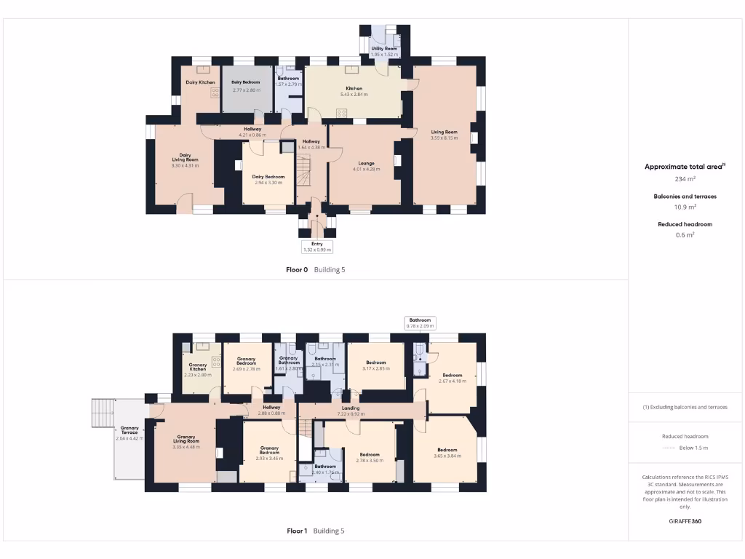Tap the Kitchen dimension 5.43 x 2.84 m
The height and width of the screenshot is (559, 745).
click(x=354, y=95)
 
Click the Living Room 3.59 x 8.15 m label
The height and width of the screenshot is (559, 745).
click(x=444, y=135)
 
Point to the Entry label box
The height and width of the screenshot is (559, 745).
click(x=316, y=247)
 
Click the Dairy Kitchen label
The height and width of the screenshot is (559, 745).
click(x=200, y=82)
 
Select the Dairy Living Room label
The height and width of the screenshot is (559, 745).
click(x=186, y=160)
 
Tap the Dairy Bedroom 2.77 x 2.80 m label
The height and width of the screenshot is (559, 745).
click(x=245, y=86)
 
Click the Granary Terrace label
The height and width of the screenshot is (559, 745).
click(x=130, y=433)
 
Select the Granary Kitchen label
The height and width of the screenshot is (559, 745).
click(x=198, y=369)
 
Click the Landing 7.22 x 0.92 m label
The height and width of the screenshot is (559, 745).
click(x=351, y=411)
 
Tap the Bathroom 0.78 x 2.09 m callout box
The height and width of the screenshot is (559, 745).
click(x=421, y=322)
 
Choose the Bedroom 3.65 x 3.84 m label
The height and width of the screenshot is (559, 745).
click(x=447, y=453)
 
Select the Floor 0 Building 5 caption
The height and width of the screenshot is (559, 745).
click(x=315, y=269)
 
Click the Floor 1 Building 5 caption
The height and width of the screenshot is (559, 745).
click(x=315, y=531)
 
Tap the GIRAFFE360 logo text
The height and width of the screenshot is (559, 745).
click(x=685, y=521)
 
